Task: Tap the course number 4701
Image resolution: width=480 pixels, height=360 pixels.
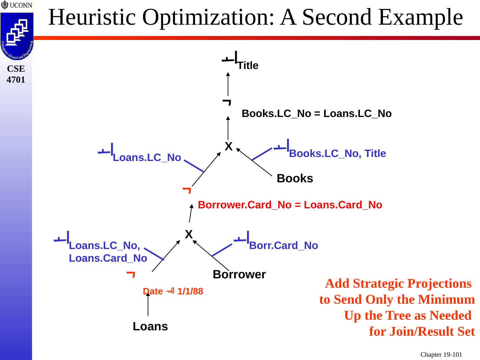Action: click(x=16, y=80)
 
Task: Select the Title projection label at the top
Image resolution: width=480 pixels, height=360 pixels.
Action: click(x=248, y=66)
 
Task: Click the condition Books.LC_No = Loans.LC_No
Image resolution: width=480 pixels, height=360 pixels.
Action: click(x=316, y=114)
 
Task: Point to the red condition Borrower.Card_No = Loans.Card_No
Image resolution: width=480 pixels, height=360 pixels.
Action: click(x=290, y=205)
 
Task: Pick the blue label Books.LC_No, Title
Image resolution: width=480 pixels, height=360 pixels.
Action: click(x=337, y=154)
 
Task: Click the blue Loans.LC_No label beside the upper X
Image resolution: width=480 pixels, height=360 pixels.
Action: click(x=147, y=158)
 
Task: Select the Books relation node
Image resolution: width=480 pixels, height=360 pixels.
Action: click(x=295, y=179)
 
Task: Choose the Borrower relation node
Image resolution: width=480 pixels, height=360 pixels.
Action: click(x=239, y=275)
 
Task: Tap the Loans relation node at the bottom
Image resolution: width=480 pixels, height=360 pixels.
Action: click(x=150, y=327)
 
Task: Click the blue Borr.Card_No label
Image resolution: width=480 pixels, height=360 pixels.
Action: click(x=283, y=246)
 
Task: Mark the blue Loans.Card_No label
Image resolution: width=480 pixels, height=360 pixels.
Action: click(x=108, y=258)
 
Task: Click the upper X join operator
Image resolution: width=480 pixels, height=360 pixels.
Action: click(x=228, y=146)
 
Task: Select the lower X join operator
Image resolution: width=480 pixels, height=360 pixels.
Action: click(x=189, y=234)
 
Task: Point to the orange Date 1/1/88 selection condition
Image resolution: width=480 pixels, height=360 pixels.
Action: click(x=173, y=291)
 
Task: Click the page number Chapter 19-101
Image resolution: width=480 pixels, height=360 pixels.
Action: click(x=441, y=354)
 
